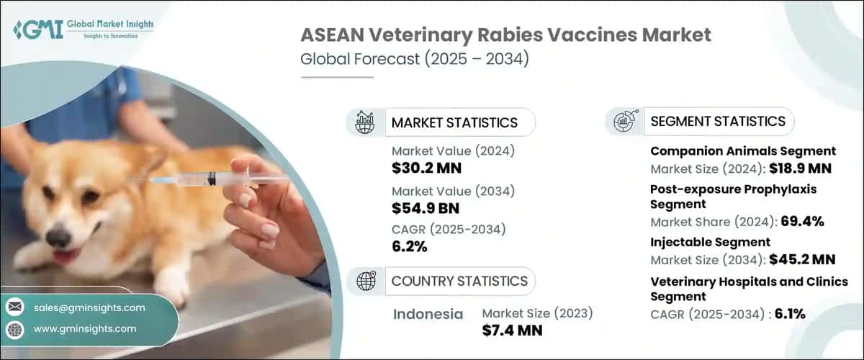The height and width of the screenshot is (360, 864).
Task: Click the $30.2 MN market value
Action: tap(426, 168)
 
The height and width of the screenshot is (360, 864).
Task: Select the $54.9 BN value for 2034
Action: tap(426, 209)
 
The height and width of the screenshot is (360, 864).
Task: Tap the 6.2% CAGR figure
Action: tap(410, 248)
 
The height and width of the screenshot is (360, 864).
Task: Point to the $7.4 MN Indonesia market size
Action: tap(512, 330)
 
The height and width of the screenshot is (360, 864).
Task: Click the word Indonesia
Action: tap(428, 314)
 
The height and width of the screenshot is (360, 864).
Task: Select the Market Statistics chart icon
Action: tap(366, 122)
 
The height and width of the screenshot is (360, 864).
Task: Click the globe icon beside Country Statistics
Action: tap(366, 281)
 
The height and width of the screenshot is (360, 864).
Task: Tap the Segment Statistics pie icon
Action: tap(624, 121)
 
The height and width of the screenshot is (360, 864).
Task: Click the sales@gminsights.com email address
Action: tap(89, 307)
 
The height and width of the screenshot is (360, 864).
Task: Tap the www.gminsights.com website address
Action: tap(84, 328)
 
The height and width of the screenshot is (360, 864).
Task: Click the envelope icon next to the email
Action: tap(15, 307)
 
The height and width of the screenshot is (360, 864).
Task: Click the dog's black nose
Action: tap(58, 238)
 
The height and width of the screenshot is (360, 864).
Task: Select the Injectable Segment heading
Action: tap(710, 242)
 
